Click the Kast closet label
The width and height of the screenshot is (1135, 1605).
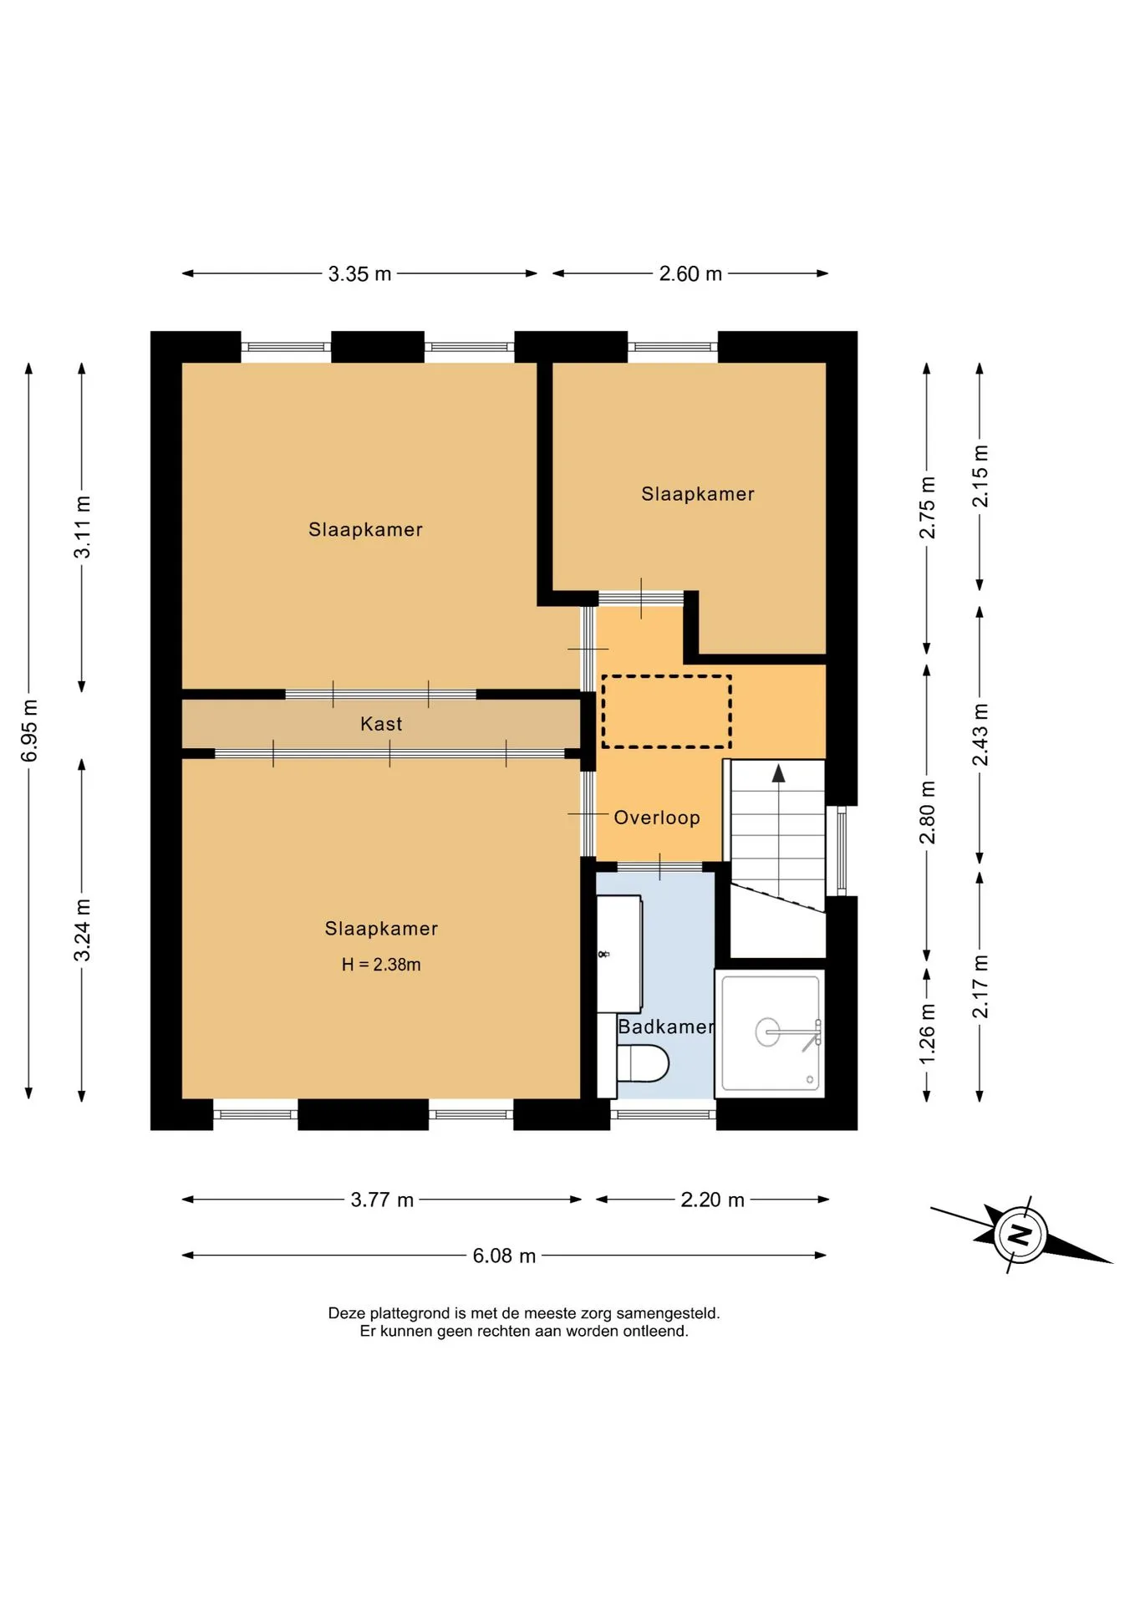pos(381,724)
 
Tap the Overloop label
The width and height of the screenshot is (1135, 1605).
pos(657,818)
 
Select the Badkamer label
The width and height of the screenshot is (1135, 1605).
pos(666,1027)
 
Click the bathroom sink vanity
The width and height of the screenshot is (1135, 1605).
pos(619,954)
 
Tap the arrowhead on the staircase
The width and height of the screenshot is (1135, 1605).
pos(778,773)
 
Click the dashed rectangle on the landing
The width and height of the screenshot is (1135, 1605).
pos(666,711)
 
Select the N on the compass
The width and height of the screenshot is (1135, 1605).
pos(1019,1234)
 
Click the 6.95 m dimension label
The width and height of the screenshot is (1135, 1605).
pos(29,731)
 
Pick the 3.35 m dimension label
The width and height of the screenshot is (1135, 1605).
pos(359,274)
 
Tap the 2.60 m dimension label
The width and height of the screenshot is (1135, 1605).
pos(690,274)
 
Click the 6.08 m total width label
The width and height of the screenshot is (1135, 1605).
pos(504,1256)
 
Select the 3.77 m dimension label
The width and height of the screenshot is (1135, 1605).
pos(382,1200)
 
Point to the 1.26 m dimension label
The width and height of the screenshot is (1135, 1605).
pos(927,1034)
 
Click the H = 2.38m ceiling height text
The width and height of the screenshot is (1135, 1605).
pos(381,965)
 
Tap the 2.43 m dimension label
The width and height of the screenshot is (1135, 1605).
pos(980,735)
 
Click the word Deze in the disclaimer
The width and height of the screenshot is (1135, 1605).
pos(347,1313)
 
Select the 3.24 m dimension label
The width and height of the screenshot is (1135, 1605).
pos(82,930)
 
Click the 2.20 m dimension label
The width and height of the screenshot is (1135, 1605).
pos(712,1200)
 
